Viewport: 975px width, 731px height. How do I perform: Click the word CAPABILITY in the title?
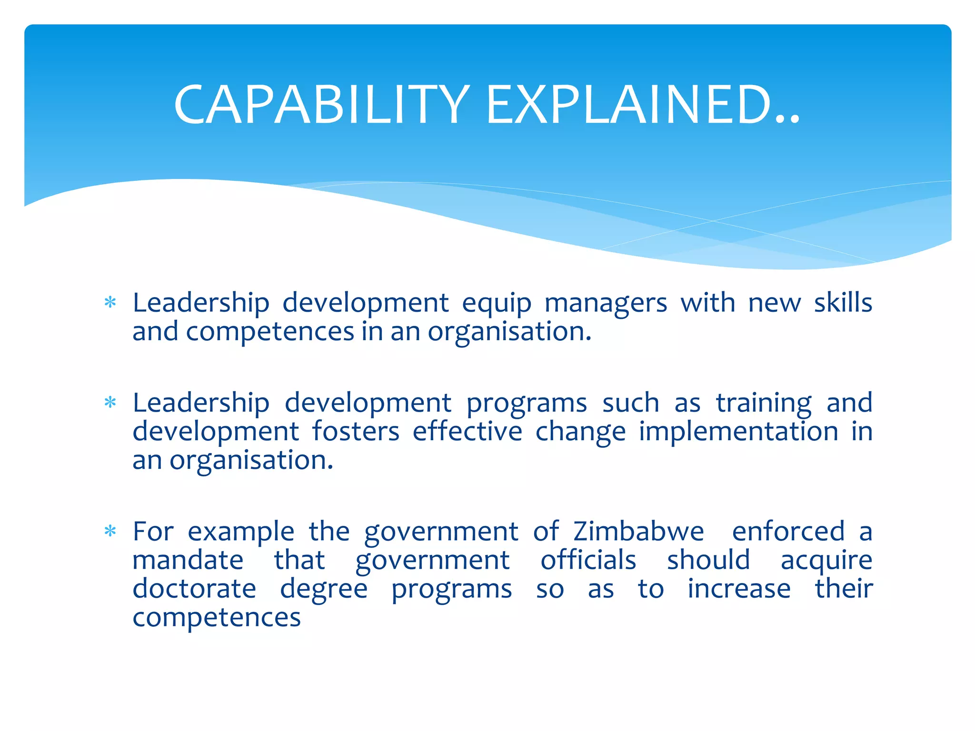point(322,105)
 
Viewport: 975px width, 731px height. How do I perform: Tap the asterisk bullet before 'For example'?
point(110,531)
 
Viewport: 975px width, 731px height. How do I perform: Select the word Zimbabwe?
point(638,531)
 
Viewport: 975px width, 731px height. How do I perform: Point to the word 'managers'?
point(606,304)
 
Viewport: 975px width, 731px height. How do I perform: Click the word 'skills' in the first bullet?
point(843,303)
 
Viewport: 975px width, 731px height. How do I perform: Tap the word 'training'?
point(764,404)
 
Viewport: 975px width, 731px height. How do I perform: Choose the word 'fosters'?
point(356,432)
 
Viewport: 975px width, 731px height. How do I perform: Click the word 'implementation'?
point(738,432)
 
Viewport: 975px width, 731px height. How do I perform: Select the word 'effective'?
point(468,432)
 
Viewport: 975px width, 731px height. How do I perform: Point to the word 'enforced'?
point(788,531)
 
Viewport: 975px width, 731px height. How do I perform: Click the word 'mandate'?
point(188,560)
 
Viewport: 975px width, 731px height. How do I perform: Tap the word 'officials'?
point(588,560)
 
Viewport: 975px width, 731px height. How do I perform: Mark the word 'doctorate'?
point(194,589)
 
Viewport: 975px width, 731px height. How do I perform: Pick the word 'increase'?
point(739,589)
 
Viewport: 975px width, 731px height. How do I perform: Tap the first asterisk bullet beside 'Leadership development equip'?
point(110,302)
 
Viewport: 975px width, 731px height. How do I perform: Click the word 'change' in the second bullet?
point(580,432)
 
